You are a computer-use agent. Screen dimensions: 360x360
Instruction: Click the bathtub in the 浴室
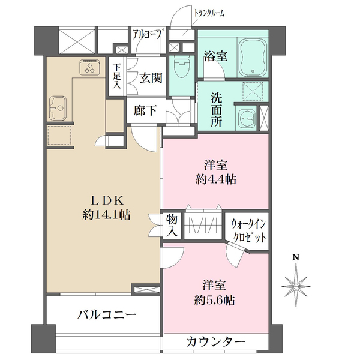pyautogui.click(x=253, y=58)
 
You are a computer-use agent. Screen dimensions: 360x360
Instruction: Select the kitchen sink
pyautogui.click(x=58, y=108)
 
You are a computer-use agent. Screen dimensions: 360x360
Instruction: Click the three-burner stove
pyautogui.click(x=90, y=67)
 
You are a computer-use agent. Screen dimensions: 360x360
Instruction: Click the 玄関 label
pyautogui.click(x=151, y=78)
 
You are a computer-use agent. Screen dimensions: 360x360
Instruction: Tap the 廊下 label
pyautogui.click(x=145, y=110)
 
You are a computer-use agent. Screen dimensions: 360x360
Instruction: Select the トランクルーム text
pyautogui.click(x=209, y=13)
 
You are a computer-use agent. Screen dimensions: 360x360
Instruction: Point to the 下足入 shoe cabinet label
pyautogui.click(x=117, y=76)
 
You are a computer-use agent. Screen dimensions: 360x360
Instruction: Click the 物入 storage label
pyautogui.click(x=172, y=226)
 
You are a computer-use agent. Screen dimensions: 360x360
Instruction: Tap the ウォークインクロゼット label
pyautogui.click(x=248, y=230)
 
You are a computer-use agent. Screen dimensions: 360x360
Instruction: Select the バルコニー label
pyautogui.click(x=107, y=314)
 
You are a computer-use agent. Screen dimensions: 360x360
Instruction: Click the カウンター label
pyautogui.click(x=215, y=343)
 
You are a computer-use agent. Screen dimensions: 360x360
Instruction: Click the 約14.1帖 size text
pyautogui.click(x=106, y=215)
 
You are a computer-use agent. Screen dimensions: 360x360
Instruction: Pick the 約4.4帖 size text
pyautogui.click(x=216, y=179)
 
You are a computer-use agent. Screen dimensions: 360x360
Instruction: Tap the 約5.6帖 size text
pyautogui.click(x=214, y=300)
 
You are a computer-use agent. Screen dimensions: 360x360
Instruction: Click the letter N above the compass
pyautogui.click(x=296, y=257)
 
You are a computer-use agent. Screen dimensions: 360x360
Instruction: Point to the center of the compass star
pyautogui.click(x=296, y=286)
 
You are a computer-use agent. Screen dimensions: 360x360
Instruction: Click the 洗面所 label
pyautogui.click(x=217, y=110)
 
